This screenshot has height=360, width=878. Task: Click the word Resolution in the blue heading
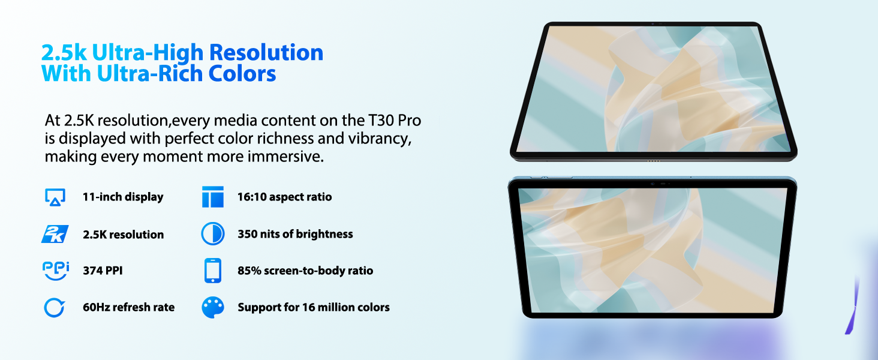pyautogui.click(x=266, y=53)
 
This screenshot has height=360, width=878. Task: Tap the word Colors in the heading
pyautogui.click(x=242, y=73)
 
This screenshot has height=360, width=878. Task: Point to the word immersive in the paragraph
pyautogui.click(x=285, y=157)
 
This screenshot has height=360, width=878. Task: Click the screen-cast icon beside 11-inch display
pyautogui.click(x=55, y=197)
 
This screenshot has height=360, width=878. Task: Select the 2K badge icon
pyautogui.click(x=55, y=234)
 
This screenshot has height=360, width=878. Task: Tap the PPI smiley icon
pyautogui.click(x=56, y=271)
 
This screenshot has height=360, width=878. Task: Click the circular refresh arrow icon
pyautogui.click(x=54, y=307)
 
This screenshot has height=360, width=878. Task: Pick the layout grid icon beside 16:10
pyautogui.click(x=213, y=197)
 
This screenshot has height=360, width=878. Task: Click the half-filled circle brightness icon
pyautogui.click(x=213, y=234)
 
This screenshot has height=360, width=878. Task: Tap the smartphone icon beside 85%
pyautogui.click(x=213, y=271)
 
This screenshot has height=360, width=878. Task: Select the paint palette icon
pyautogui.click(x=213, y=307)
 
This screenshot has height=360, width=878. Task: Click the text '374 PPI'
pyautogui.click(x=103, y=271)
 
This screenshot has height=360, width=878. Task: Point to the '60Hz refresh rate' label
pyautogui.click(x=128, y=307)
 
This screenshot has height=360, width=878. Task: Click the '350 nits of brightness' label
pyautogui.click(x=295, y=234)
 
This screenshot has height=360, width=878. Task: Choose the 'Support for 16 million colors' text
pyautogui.click(x=314, y=307)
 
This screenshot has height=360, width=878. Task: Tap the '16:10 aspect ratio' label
pyautogui.click(x=284, y=197)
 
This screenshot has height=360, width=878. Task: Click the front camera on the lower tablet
pyautogui.click(x=653, y=184)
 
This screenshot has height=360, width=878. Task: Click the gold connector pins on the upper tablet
pyautogui.click(x=654, y=161)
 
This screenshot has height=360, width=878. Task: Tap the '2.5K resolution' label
pyautogui.click(x=123, y=235)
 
